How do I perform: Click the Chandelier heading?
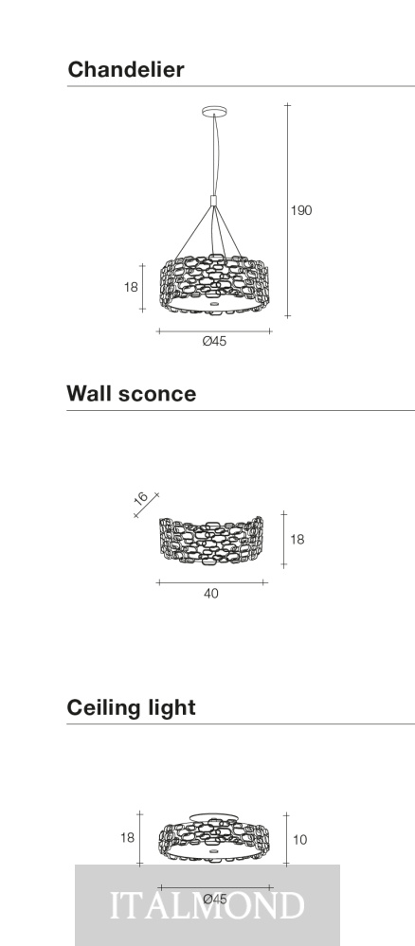126,69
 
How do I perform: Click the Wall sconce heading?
131,393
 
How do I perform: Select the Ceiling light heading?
131,707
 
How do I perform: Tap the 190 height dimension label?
301,210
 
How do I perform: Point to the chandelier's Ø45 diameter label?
214,342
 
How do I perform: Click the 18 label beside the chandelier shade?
131,287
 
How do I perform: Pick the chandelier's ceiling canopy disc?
214,111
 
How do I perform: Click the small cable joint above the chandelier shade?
213,201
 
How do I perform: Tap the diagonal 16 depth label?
141,498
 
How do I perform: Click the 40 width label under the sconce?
211,594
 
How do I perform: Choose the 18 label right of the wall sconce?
298,540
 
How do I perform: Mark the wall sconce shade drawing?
211,540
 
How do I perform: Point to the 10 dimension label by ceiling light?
299,840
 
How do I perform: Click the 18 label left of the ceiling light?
128,837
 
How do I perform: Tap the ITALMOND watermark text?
207,905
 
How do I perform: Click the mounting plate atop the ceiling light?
214,817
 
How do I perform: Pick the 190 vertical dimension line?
287,210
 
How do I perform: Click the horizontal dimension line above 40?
211,582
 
